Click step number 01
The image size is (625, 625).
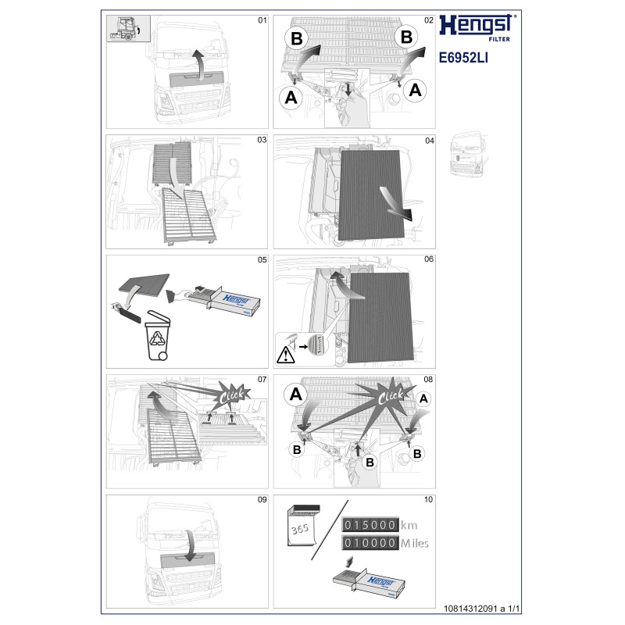262,20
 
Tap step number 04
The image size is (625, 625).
429,141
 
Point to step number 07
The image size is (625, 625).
262,380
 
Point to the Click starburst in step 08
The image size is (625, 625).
390,395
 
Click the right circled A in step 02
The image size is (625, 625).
416,91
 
